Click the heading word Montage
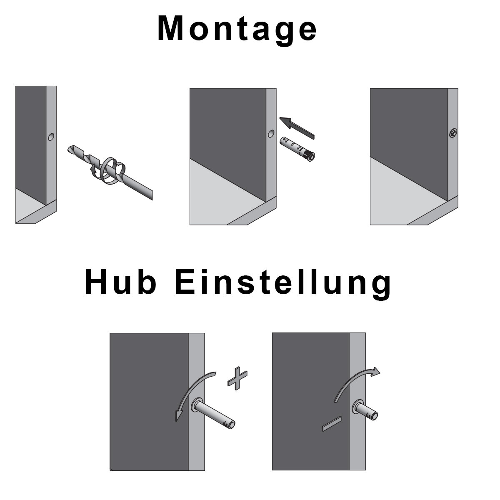[237, 30]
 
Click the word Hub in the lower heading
[121, 282]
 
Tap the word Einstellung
[283, 285]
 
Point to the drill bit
[110, 172]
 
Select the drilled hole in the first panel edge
[51, 137]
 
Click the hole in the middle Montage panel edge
[271, 134]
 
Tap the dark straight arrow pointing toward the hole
[297, 127]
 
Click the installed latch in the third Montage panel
[453, 133]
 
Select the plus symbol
[237, 378]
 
